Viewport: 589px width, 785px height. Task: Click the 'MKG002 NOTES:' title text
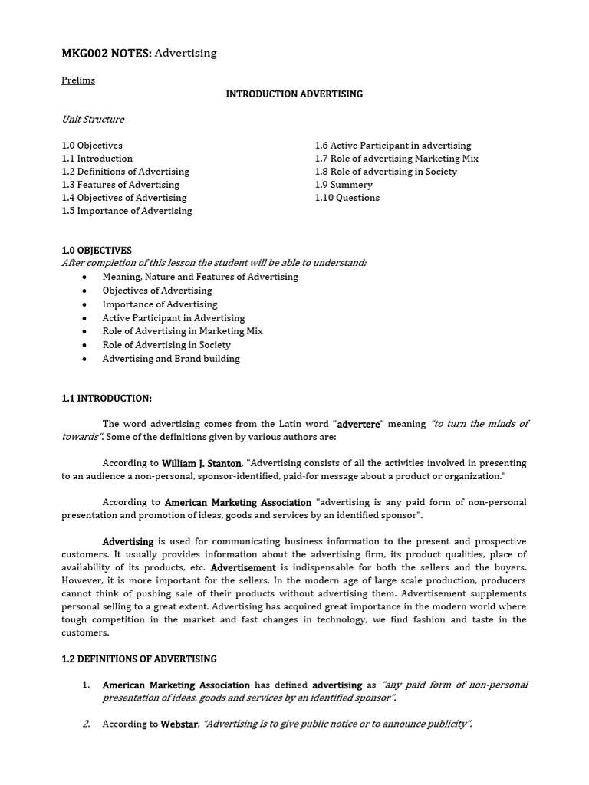[107, 53]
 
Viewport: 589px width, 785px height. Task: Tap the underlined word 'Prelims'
[78, 80]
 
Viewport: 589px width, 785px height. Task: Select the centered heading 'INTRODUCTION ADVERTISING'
[294, 94]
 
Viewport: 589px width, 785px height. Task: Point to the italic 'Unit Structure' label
[93, 120]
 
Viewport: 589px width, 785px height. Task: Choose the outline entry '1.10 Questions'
[347, 198]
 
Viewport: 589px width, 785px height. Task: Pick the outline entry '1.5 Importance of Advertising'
[127, 211]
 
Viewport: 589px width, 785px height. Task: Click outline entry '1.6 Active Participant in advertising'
[393, 146]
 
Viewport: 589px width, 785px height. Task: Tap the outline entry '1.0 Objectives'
[92, 146]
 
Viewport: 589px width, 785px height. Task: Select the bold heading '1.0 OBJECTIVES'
[97, 251]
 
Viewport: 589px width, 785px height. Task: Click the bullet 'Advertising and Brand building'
[171, 359]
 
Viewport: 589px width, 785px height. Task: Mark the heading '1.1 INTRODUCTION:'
[107, 399]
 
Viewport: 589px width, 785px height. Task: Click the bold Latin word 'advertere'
[359, 425]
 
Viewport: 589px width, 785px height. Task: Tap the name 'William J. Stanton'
[202, 464]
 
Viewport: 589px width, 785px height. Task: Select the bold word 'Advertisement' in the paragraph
[243, 568]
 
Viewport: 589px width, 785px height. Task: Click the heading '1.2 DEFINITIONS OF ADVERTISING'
[139, 659]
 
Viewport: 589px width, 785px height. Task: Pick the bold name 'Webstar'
[179, 724]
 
